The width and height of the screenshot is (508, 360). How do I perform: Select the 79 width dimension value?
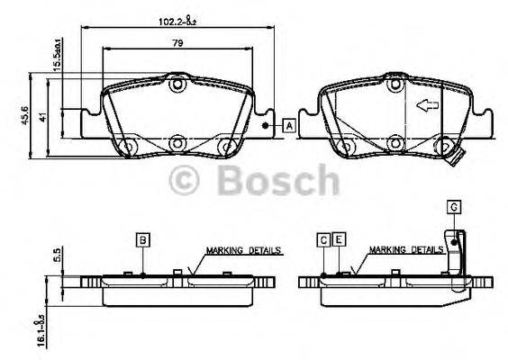(178, 42)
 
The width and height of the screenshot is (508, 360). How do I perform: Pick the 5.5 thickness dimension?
(55, 254)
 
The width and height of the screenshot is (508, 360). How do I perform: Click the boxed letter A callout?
(288, 125)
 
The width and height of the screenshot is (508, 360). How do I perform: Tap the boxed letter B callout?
(142, 238)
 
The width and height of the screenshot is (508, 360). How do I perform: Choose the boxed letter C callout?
(322, 238)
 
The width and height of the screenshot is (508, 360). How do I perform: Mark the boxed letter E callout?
(339, 238)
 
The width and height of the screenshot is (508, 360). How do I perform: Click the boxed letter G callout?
(454, 208)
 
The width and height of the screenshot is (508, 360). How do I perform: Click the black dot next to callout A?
(265, 126)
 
